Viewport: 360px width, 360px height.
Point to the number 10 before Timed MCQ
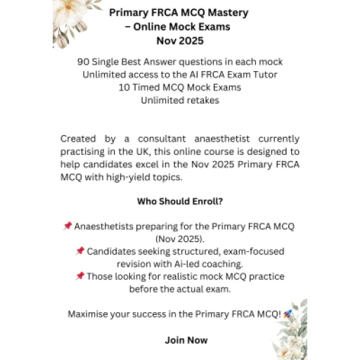pyautogui.click(x=124, y=88)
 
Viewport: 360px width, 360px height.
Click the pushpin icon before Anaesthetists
pyautogui.click(x=67, y=226)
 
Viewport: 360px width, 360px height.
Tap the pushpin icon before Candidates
pyautogui.click(x=80, y=252)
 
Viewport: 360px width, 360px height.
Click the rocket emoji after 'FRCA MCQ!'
pyautogui.click(x=287, y=314)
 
